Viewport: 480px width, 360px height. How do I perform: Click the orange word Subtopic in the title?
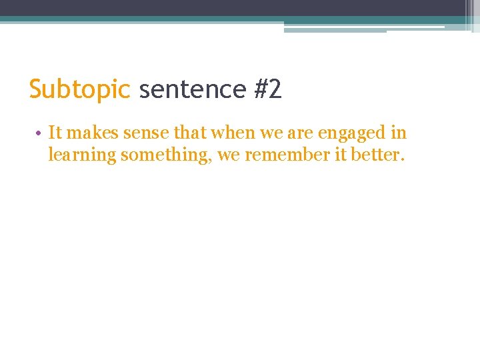pos(80,89)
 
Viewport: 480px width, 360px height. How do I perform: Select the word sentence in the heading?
pos(193,89)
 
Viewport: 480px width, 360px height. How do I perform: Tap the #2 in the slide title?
pos(267,89)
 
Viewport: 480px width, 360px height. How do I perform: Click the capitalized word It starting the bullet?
pos(55,133)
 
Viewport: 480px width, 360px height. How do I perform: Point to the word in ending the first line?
pos(399,133)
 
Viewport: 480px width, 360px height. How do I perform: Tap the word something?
pos(150,155)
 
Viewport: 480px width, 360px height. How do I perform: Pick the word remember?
pos(275,155)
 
